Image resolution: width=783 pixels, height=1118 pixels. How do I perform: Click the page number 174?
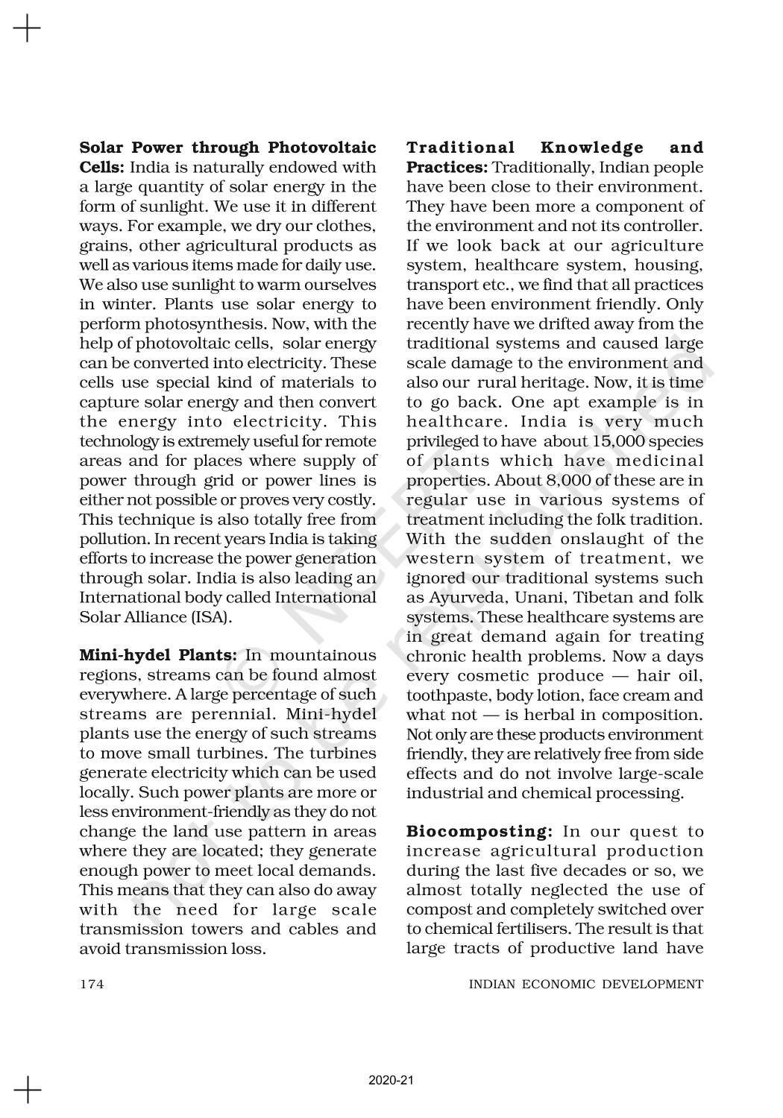pos(92,984)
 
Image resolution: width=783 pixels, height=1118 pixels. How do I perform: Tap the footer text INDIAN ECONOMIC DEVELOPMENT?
pos(585,984)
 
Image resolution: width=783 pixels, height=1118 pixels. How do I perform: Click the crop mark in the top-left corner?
pos(27,29)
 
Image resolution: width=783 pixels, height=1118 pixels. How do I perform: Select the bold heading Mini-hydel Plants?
pos(158,656)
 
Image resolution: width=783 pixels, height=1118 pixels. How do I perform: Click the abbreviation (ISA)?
pos(210,617)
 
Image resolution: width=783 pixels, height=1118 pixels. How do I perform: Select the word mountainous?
pos(323,656)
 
